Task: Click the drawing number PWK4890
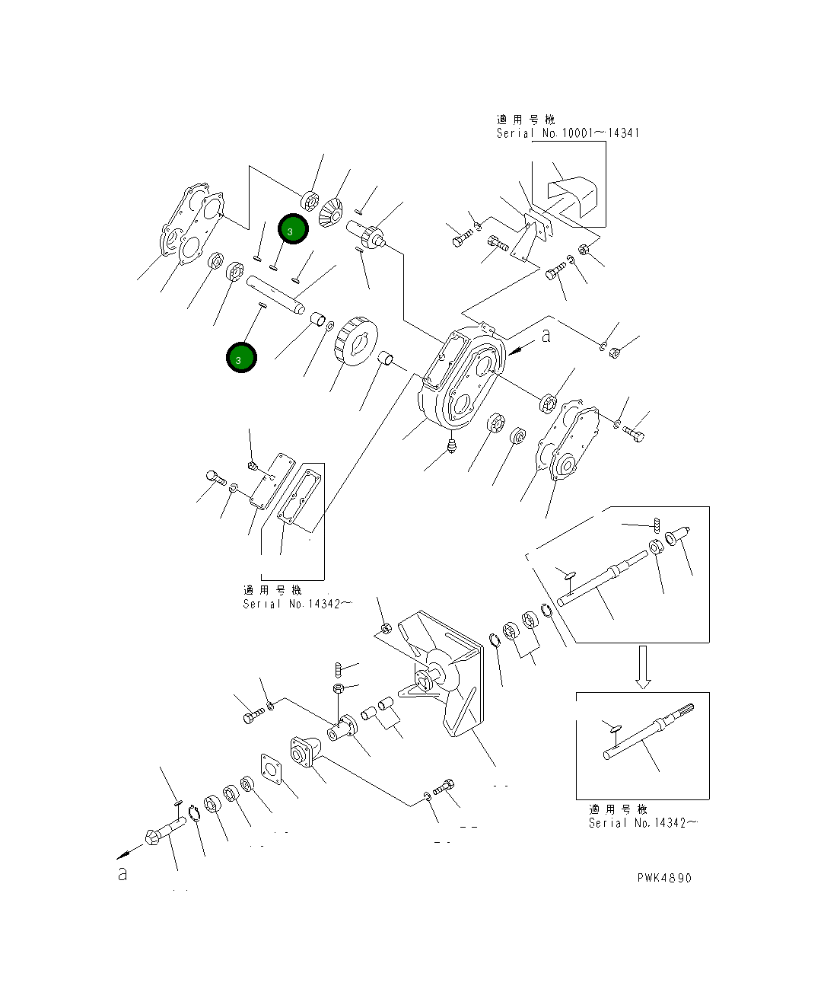664,878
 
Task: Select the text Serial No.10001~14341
568,133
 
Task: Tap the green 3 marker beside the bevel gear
293,230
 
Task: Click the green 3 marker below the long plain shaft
241,359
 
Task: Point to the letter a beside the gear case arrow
546,336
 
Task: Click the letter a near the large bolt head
122,874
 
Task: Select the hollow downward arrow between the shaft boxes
643,667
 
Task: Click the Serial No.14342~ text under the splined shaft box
643,823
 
